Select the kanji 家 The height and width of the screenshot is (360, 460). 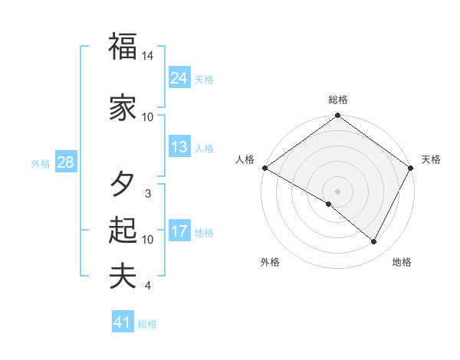[x=123, y=108]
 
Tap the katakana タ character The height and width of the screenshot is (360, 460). [x=123, y=185]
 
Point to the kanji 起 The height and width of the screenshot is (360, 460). [x=123, y=231]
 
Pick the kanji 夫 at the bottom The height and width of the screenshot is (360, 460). [x=123, y=277]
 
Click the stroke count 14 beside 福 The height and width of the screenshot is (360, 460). [x=148, y=56]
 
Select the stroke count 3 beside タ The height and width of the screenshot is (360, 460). [x=148, y=194]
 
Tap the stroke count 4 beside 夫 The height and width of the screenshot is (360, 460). [x=148, y=286]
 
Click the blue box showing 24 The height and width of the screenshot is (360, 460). [x=179, y=77]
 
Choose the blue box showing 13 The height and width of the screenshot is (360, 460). [x=179, y=147]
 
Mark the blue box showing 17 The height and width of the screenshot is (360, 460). [x=179, y=231]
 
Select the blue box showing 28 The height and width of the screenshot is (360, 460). [x=65, y=162]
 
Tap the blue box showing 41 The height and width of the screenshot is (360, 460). [x=122, y=323]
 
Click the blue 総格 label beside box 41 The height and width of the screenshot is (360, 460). [x=147, y=324]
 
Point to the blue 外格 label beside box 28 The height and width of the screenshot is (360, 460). [x=41, y=163]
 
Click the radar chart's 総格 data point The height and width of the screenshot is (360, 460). [x=337, y=116]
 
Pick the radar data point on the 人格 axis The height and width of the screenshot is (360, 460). [x=264, y=168]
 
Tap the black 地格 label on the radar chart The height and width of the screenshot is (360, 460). [x=402, y=262]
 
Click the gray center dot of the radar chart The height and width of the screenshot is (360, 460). [x=337, y=191]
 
